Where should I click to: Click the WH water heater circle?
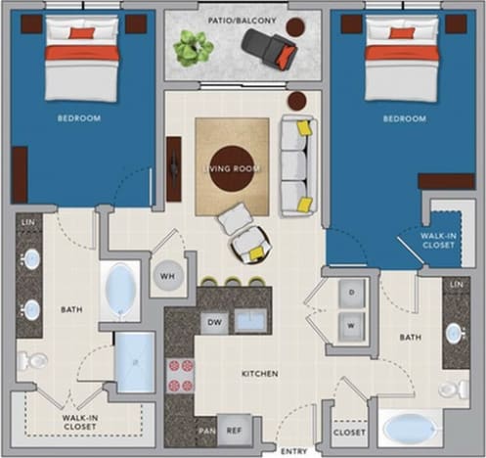click(x=167, y=276)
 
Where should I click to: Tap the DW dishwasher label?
click(x=214, y=321)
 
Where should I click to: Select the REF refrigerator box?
click(x=234, y=429)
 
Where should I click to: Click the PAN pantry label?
click(x=206, y=430)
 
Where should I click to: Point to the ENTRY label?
click(x=294, y=451)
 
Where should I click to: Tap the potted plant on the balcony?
click(x=193, y=47)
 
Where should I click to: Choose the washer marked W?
click(x=352, y=324)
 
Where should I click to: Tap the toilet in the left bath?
click(x=34, y=361)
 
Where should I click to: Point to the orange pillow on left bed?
click(x=82, y=32)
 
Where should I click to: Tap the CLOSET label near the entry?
click(x=349, y=432)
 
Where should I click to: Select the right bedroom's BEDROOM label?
click(x=404, y=118)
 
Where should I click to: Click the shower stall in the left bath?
click(x=135, y=362)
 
